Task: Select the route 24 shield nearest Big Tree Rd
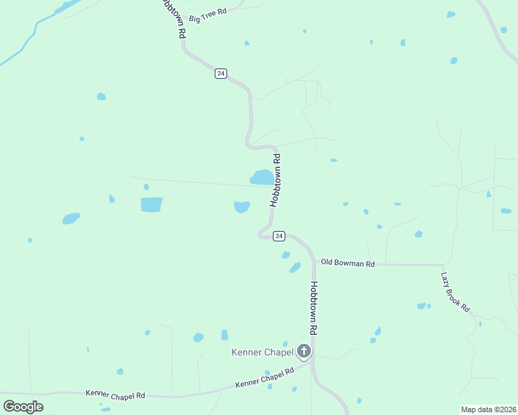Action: point(220,73)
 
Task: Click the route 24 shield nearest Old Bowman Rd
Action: point(278,236)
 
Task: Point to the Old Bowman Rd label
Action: point(348,264)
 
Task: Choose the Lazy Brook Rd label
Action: point(456,291)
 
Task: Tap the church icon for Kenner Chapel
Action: point(303,351)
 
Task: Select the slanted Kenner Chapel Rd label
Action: point(265,377)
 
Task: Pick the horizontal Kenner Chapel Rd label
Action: point(115,394)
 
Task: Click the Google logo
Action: point(23,407)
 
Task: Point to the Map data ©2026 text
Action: point(488,409)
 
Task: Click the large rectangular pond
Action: point(152,205)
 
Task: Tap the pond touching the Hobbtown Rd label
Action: point(262,177)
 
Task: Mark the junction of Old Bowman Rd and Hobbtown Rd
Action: point(315,264)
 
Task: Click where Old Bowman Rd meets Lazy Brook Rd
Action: point(443,265)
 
